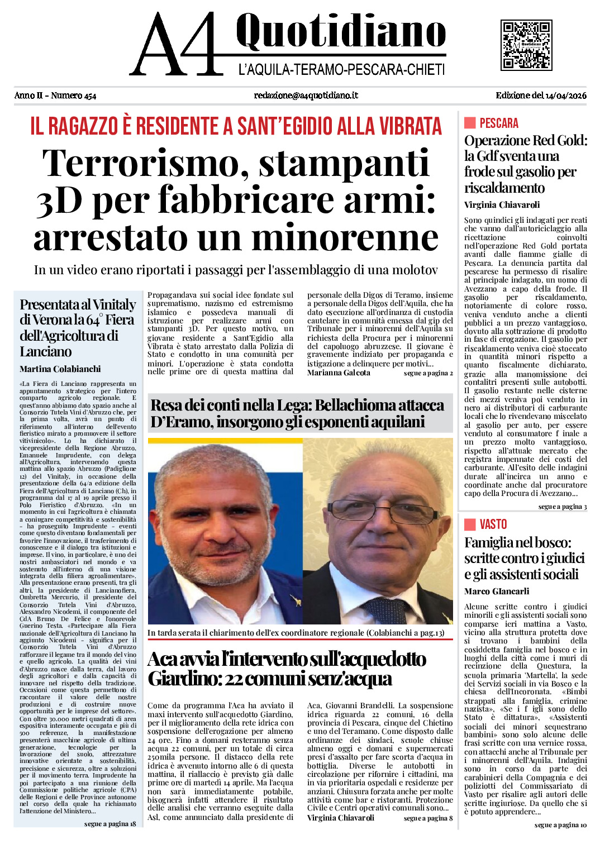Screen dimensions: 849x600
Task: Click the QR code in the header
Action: (x=526, y=45)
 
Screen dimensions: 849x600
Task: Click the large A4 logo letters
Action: (x=176, y=46)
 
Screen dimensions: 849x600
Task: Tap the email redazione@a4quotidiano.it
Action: (x=306, y=96)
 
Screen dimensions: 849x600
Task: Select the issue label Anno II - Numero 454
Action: (x=55, y=96)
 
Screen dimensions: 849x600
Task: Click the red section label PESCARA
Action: (x=499, y=123)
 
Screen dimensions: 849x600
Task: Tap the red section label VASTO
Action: (x=493, y=524)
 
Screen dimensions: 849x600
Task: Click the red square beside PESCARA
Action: (x=470, y=123)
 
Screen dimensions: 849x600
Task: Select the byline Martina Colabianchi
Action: (x=60, y=369)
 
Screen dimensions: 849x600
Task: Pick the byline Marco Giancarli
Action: (x=497, y=592)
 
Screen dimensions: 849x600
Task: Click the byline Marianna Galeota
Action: (x=339, y=373)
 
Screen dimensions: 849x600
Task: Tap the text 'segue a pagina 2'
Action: (x=428, y=373)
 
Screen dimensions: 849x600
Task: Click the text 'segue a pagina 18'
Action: (x=110, y=824)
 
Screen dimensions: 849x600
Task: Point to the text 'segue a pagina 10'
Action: (x=560, y=825)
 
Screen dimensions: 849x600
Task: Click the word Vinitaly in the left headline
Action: (x=114, y=305)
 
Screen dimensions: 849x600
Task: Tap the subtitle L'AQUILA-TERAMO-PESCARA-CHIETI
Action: (x=341, y=70)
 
